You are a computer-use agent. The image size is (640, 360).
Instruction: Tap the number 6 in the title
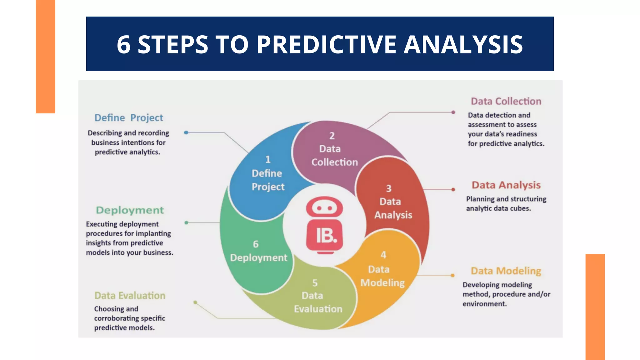(123, 44)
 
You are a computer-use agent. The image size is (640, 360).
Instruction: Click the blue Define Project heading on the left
(129, 118)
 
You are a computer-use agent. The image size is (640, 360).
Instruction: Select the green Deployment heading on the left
(130, 210)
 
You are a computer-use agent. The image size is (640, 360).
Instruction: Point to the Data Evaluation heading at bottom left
(130, 295)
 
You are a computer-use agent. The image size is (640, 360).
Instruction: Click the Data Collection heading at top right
(506, 101)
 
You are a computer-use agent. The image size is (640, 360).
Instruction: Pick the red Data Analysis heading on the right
(506, 185)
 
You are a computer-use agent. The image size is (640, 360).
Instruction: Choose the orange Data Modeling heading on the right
(506, 271)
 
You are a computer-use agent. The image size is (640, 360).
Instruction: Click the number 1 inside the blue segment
(268, 160)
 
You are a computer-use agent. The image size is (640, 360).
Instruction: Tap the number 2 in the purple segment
(332, 136)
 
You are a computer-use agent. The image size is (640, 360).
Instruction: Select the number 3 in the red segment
(388, 189)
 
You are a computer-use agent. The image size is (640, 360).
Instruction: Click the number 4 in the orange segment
(383, 255)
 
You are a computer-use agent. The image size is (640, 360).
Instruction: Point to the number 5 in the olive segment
(315, 283)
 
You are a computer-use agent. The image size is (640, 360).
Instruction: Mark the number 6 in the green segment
(256, 244)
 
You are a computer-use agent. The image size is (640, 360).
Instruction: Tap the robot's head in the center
(324, 207)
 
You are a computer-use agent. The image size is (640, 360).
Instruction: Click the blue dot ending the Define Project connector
(186, 132)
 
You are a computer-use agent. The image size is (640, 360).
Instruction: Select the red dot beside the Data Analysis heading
(453, 189)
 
